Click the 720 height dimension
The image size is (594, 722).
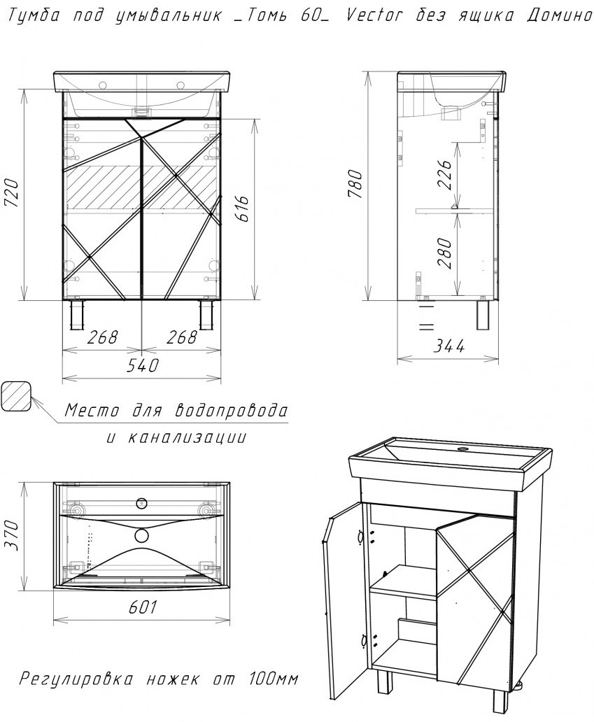click(x=12, y=193)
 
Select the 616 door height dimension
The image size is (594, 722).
click(x=243, y=208)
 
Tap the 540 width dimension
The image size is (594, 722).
click(x=143, y=365)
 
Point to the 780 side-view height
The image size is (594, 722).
click(x=356, y=184)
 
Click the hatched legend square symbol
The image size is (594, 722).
click(x=16, y=395)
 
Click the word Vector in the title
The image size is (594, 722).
click(x=374, y=15)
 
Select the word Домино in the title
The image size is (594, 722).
click(x=559, y=16)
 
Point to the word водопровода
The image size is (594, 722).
click(x=231, y=410)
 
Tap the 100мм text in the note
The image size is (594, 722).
click(x=274, y=679)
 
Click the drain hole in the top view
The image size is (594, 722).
click(x=142, y=535)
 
